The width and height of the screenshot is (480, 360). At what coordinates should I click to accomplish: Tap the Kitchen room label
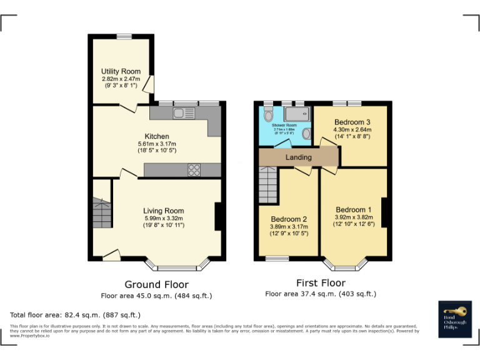(157, 136)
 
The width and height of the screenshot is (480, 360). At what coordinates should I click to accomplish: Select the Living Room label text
(164, 211)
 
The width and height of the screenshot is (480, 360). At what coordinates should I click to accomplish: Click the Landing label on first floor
(298, 157)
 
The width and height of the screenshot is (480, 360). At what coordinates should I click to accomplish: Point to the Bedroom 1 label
(354, 209)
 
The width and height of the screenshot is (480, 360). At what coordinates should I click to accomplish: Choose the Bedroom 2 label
(289, 219)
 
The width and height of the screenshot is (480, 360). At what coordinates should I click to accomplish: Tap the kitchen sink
(184, 113)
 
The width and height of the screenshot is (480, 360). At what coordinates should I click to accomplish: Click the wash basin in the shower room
(306, 134)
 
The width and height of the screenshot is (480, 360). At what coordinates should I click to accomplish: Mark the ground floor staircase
(100, 214)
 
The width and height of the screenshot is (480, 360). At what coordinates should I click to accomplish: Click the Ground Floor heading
(156, 285)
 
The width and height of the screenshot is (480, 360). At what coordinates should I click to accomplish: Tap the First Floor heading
(321, 282)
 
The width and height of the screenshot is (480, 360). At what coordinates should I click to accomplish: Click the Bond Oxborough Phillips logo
(455, 320)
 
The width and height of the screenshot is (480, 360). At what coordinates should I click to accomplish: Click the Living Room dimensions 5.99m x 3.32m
(164, 218)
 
